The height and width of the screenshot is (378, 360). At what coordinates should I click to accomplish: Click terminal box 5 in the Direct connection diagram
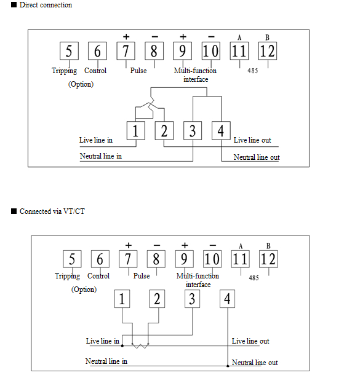(69, 51)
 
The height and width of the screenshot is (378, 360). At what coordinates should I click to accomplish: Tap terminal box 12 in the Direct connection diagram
(267, 51)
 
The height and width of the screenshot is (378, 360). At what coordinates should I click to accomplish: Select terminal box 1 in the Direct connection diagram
(136, 131)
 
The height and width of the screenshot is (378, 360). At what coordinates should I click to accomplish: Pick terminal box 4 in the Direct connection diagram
(221, 131)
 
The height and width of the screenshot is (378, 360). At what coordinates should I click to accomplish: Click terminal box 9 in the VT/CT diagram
(184, 259)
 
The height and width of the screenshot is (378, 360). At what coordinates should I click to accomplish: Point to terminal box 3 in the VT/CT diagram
(192, 299)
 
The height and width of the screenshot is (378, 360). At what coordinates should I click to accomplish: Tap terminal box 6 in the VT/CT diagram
(100, 259)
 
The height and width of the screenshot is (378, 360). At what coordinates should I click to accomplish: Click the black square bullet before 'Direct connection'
(14, 4)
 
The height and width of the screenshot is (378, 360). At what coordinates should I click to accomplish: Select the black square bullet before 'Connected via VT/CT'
(14, 211)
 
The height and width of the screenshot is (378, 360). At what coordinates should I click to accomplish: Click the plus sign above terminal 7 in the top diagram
(126, 37)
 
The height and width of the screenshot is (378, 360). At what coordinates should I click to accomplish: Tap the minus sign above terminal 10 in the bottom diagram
(212, 245)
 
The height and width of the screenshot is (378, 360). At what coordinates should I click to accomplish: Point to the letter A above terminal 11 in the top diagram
(239, 37)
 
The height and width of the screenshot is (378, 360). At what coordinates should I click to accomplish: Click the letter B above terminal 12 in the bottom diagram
(268, 246)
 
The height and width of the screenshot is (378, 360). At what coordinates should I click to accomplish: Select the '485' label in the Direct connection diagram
(253, 71)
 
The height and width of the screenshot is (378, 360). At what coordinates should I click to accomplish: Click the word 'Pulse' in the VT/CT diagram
(142, 276)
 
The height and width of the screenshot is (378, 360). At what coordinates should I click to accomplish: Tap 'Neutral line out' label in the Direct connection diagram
(257, 157)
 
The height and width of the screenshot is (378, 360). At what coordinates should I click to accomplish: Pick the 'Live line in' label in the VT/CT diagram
(103, 341)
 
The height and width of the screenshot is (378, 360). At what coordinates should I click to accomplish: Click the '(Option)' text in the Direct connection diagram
(81, 84)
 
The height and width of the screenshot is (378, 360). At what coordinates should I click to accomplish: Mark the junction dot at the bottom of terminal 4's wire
(228, 366)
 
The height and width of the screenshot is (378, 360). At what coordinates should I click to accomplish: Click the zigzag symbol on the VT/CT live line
(140, 345)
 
